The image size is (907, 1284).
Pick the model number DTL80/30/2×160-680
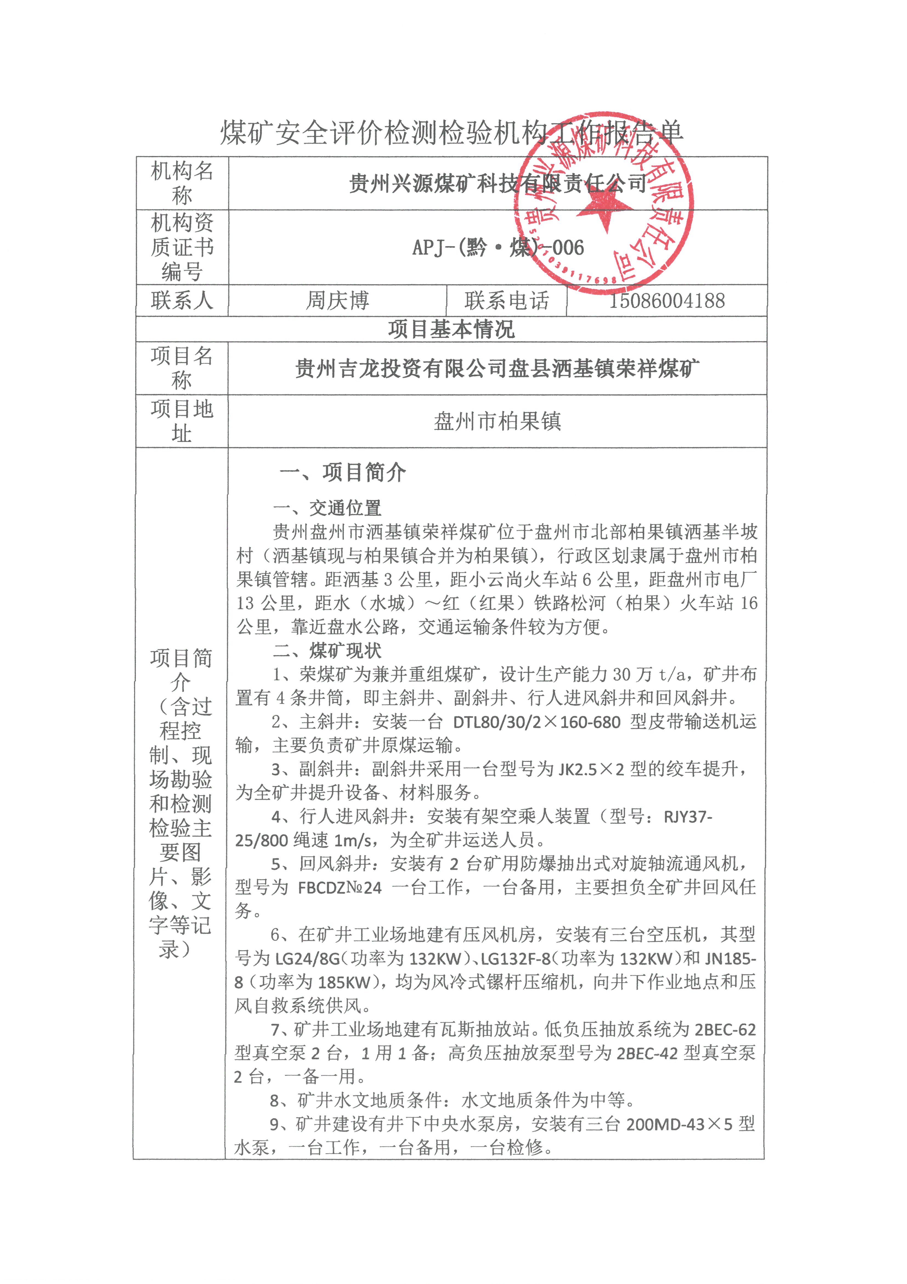536,722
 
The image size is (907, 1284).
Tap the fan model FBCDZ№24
340,888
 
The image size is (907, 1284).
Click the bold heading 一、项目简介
343,472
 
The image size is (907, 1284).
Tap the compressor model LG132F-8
515,958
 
